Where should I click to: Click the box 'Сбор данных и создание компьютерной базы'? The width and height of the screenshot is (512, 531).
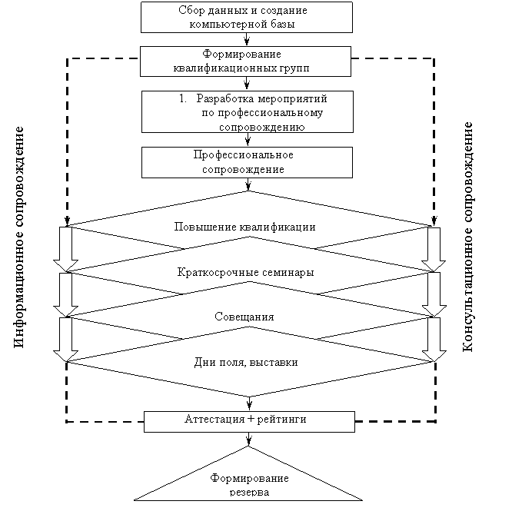pyautogui.click(x=247, y=17)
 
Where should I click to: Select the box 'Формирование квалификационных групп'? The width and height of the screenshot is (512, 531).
pyautogui.click(x=246, y=61)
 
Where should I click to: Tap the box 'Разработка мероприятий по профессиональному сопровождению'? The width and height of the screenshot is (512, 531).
pyautogui.click(x=248, y=111)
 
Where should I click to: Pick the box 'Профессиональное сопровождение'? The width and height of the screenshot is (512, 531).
pyautogui.click(x=247, y=163)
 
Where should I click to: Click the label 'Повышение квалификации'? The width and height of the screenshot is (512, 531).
pyautogui.click(x=244, y=227)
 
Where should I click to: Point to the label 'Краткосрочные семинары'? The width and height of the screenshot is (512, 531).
pyautogui.click(x=246, y=273)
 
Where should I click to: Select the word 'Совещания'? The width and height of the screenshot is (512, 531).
pyautogui.click(x=244, y=317)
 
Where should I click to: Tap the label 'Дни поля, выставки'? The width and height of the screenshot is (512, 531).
pyautogui.click(x=246, y=363)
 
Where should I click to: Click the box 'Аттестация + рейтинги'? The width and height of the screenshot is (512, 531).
pyautogui.click(x=249, y=422)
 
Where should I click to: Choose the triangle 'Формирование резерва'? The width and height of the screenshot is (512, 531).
pyautogui.click(x=248, y=481)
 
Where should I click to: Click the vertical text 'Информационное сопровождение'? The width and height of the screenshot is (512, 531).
pyautogui.click(x=19, y=237)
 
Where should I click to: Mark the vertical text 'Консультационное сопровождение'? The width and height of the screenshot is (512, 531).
pyautogui.click(x=467, y=237)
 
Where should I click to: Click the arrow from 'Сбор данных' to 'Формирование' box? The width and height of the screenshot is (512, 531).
pyautogui.click(x=247, y=39)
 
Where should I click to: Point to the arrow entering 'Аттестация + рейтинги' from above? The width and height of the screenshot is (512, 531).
pyautogui.click(x=249, y=403)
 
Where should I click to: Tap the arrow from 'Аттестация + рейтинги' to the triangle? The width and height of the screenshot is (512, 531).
pyautogui.click(x=249, y=439)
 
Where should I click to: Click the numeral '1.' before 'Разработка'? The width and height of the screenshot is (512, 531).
pyautogui.click(x=183, y=98)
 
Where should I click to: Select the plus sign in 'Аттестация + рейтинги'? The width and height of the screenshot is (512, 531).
pyautogui.click(x=251, y=420)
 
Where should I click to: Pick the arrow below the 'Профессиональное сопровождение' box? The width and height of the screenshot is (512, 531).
pyautogui.click(x=248, y=184)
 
